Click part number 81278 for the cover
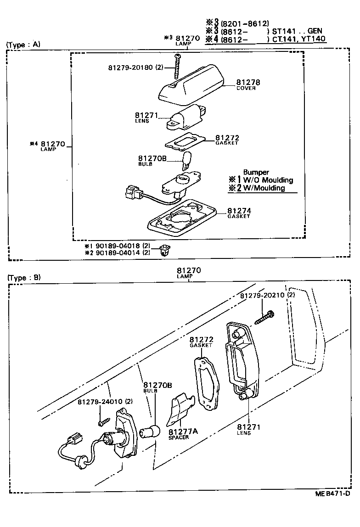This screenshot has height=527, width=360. (248, 82)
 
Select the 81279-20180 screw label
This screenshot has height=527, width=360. (136, 67)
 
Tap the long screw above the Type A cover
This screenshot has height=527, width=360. (176, 67)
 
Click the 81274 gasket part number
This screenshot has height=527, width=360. (239, 211)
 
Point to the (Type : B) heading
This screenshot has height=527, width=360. (24, 277)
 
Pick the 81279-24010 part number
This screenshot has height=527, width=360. (105, 402)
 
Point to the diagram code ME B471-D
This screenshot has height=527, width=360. (332, 493)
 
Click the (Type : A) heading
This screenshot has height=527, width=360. (23, 45)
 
